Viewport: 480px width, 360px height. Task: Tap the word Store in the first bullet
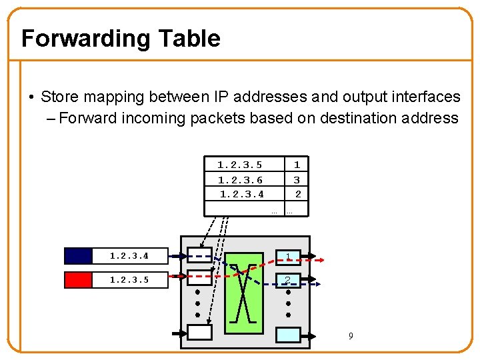[58, 97]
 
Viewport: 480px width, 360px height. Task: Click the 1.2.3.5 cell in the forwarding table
[240, 165]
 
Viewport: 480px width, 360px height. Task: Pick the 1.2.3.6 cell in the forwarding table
[240, 180]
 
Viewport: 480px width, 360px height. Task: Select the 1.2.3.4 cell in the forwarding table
[242, 194]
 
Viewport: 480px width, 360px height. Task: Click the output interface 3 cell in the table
[297, 180]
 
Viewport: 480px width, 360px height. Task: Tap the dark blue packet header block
[78, 256]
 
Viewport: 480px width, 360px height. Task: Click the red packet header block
[78, 279]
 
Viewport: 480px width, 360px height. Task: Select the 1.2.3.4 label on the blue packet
[129, 256]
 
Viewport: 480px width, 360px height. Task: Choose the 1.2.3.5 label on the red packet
[129, 279]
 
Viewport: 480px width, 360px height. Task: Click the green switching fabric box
[243, 293]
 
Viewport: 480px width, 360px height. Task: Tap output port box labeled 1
[288, 257]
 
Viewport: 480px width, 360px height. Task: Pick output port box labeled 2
[288, 280]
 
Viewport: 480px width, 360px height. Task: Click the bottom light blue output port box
[288, 334]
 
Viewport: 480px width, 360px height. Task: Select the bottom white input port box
[199, 331]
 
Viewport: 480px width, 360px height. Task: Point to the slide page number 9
[351, 336]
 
